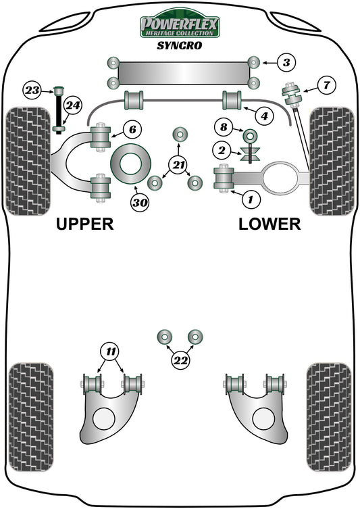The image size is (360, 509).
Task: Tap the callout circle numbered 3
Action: (286, 64)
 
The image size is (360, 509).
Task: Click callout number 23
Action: (32, 89)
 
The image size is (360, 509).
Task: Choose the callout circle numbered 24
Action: (73, 105)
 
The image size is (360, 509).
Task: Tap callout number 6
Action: (132, 128)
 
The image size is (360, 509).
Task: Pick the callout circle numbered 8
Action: (223, 125)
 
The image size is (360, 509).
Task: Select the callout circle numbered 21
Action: (178, 164)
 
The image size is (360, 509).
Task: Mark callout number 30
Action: (140, 201)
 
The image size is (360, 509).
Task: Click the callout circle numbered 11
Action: (110, 350)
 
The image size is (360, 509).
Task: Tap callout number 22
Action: (179, 361)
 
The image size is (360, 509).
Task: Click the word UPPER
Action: (85, 224)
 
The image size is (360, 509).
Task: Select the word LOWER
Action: (269, 224)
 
